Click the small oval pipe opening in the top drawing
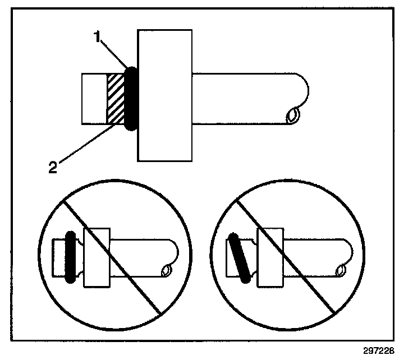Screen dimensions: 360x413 click(291, 116)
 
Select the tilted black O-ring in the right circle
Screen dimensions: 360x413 click(240, 258)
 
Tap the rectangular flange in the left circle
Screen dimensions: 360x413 click(95, 257)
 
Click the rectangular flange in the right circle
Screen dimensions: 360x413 click(269, 257)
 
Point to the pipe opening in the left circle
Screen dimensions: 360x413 click(166, 272)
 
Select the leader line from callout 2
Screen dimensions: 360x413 click(84, 146)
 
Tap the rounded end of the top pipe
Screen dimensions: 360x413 click(306, 84)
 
